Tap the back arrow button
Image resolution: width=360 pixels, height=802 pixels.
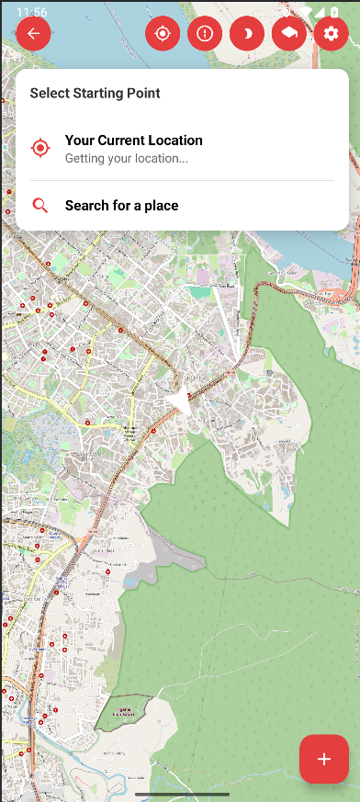click(x=34, y=34)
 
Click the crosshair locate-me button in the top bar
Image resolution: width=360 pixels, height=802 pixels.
click(x=163, y=34)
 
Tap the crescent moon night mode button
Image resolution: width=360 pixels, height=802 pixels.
click(x=247, y=34)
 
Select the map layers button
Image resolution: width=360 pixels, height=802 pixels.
click(x=289, y=34)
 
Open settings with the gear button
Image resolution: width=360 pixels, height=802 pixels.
click(x=331, y=34)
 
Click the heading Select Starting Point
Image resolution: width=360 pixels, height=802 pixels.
click(x=95, y=93)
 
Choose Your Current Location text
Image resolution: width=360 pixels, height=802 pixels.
click(x=133, y=141)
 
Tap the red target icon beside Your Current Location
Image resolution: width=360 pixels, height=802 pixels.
click(x=40, y=148)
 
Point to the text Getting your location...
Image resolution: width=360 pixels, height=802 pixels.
click(x=126, y=158)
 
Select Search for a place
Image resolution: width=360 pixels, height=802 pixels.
click(x=121, y=206)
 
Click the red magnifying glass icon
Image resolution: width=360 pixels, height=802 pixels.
click(x=40, y=206)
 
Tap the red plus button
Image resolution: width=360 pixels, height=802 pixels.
click(x=323, y=759)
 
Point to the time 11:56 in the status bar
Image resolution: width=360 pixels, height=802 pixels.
click(x=32, y=12)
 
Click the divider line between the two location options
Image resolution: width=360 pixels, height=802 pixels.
click(x=182, y=181)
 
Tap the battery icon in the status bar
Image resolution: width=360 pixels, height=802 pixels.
click(x=334, y=12)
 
